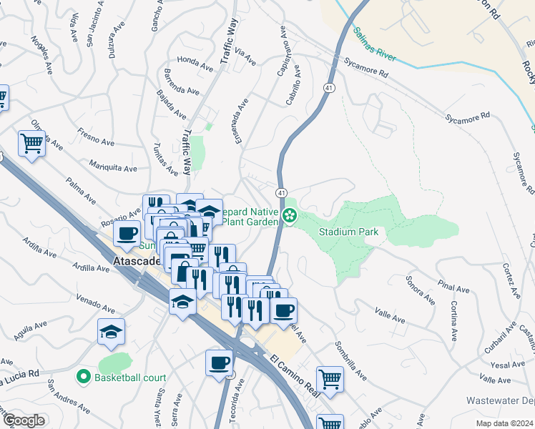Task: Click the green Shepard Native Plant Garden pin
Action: coord(290,215)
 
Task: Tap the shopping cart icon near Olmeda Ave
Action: coord(31,144)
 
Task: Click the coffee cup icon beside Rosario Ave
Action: coord(127,233)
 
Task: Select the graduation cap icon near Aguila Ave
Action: coord(111,331)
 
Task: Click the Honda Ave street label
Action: coord(195,64)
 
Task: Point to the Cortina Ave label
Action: coord(453,318)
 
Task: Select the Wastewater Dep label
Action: coord(500,400)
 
